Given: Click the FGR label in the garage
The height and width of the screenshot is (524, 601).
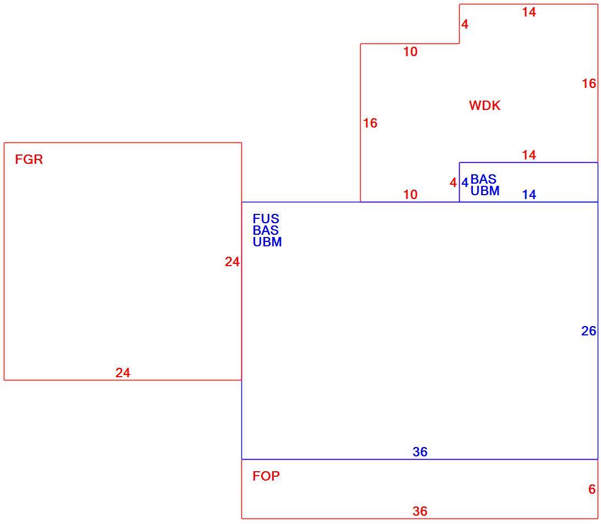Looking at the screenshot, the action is pos(29,159).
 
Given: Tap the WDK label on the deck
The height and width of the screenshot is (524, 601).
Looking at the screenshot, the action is pos(484,106).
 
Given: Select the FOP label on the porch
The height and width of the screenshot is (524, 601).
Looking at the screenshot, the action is pos(266,476).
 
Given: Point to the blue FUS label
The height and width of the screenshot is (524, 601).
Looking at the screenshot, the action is pos(266,219).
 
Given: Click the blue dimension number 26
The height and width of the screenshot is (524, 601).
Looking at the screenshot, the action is pos(589,331).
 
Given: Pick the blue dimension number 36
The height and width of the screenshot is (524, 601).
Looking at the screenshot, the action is pos(420,452).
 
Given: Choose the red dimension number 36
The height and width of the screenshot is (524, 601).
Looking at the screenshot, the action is pos(420,511).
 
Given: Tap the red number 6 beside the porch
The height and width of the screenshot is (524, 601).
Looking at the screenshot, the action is pos(592,489).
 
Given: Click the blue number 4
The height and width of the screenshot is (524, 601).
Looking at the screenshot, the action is pos(465,183).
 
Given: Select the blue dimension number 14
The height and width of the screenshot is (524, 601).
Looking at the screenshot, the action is pos(529,195).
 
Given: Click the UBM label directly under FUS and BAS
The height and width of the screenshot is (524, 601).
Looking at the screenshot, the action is pos(267,242).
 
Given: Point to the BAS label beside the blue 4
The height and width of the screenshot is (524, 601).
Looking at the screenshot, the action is pos(483,179).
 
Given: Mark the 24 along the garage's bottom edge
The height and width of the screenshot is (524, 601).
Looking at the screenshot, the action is pos(123,373).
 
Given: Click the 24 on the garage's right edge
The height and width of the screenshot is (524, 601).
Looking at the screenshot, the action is pos(232,262).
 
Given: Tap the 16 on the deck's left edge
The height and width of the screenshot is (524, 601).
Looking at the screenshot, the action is pos(370,123).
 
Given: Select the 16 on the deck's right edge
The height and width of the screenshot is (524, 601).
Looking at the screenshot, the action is pos(589,84).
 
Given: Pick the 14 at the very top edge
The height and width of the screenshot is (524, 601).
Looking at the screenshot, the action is pos(529,12).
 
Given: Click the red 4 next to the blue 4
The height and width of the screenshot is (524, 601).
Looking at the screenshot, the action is pos(454,183).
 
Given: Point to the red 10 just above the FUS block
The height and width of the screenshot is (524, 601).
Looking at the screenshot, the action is pos(410,195).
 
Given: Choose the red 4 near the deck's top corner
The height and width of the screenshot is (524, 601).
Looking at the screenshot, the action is pos(465,25).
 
